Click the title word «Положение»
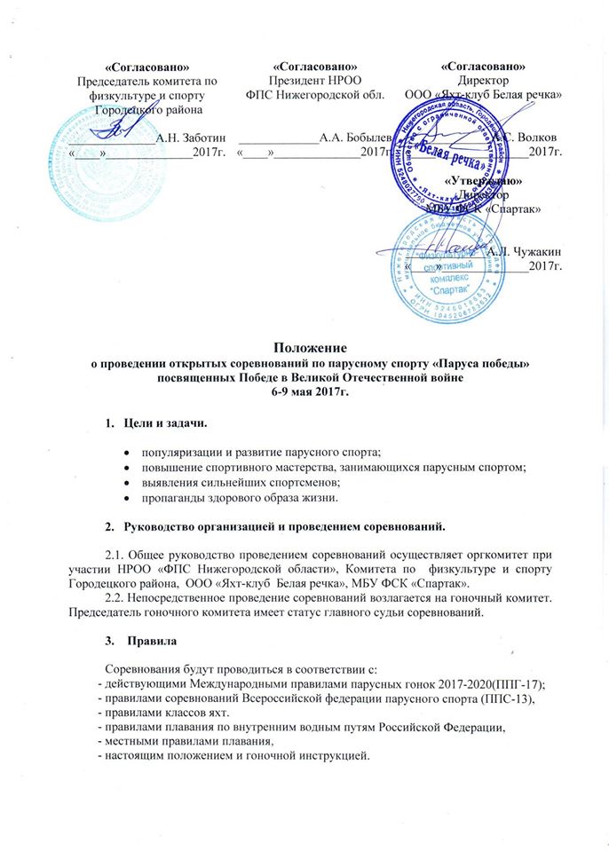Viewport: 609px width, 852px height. (x=304, y=349)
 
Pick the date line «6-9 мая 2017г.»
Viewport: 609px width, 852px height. (x=304, y=391)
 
